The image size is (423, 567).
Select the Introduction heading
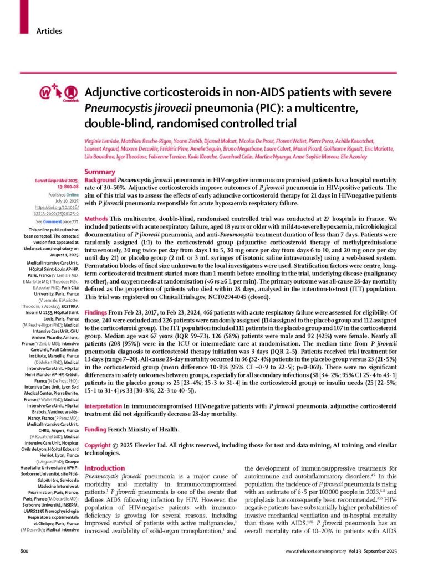coord(105,468)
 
